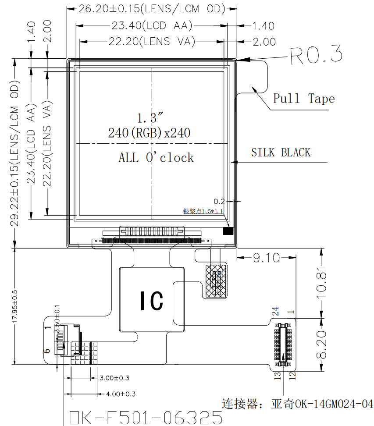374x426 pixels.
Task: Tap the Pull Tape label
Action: (304, 99)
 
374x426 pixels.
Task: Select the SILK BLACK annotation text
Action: (281, 153)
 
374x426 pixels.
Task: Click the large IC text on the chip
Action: (151, 301)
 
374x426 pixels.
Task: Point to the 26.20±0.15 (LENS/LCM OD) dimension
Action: (152, 9)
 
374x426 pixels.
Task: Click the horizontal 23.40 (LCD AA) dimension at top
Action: (151, 26)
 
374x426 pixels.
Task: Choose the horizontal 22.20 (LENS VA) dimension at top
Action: (152, 42)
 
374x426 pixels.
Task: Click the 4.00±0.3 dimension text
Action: (121, 394)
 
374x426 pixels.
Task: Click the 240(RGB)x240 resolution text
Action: (149, 132)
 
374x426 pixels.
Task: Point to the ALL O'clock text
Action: (156, 158)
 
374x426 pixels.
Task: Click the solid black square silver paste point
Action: (228, 231)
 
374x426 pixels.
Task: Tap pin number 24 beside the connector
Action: (275, 311)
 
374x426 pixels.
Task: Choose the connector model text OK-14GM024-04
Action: (323, 404)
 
